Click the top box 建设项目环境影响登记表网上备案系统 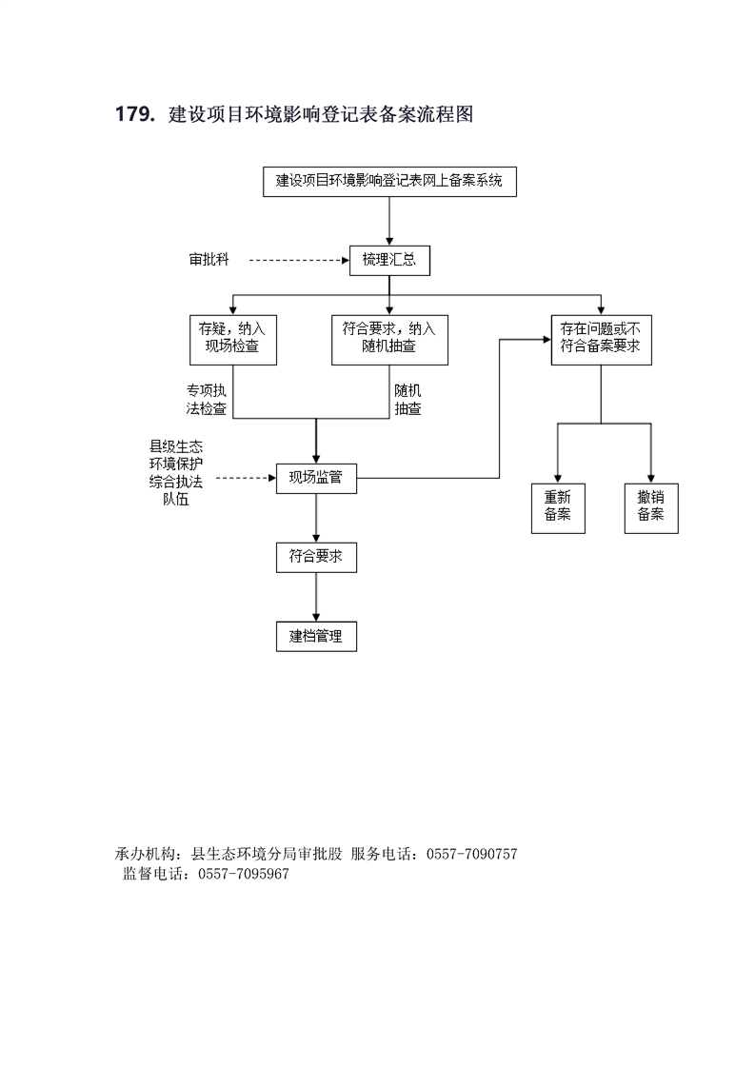[389, 181]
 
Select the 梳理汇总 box [389, 260]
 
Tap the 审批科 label [209, 260]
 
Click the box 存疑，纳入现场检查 [233, 340]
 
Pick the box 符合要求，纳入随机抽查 [389, 340]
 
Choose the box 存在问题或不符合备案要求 [601, 340]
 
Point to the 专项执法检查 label [207, 400]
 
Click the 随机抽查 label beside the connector [407, 400]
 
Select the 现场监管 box [316, 478]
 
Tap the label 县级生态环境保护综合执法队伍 [176, 473]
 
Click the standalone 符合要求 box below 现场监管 [316, 557]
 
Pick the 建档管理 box [316, 636]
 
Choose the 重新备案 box [558, 508]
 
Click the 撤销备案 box [651, 508]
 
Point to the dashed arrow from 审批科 [299, 260]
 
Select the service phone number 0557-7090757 [471, 854]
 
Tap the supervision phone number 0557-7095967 [244, 874]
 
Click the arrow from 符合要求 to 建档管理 [316, 597]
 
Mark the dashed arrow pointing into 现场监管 [246, 478]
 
